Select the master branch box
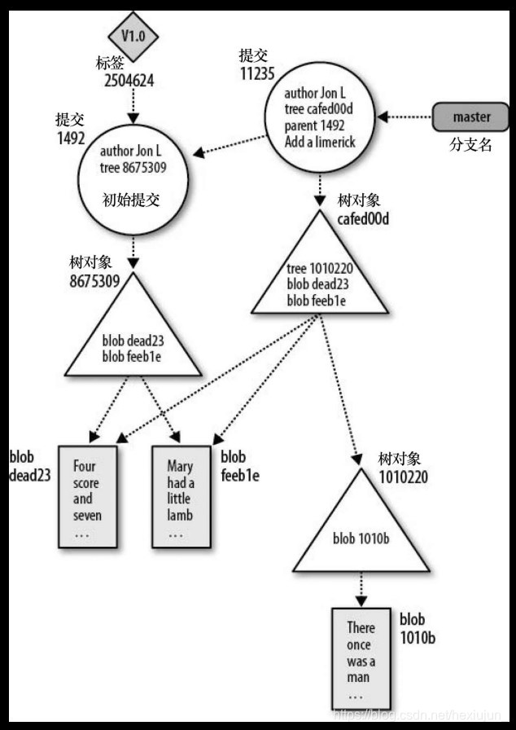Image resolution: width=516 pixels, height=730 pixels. pos(471,117)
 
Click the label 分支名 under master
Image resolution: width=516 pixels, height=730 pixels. pos(471,147)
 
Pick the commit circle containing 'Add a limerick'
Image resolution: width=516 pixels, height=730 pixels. pos(320,117)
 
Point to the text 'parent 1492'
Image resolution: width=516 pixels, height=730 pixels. pos(314,126)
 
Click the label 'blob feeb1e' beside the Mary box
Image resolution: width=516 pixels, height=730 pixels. pos(239,467)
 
